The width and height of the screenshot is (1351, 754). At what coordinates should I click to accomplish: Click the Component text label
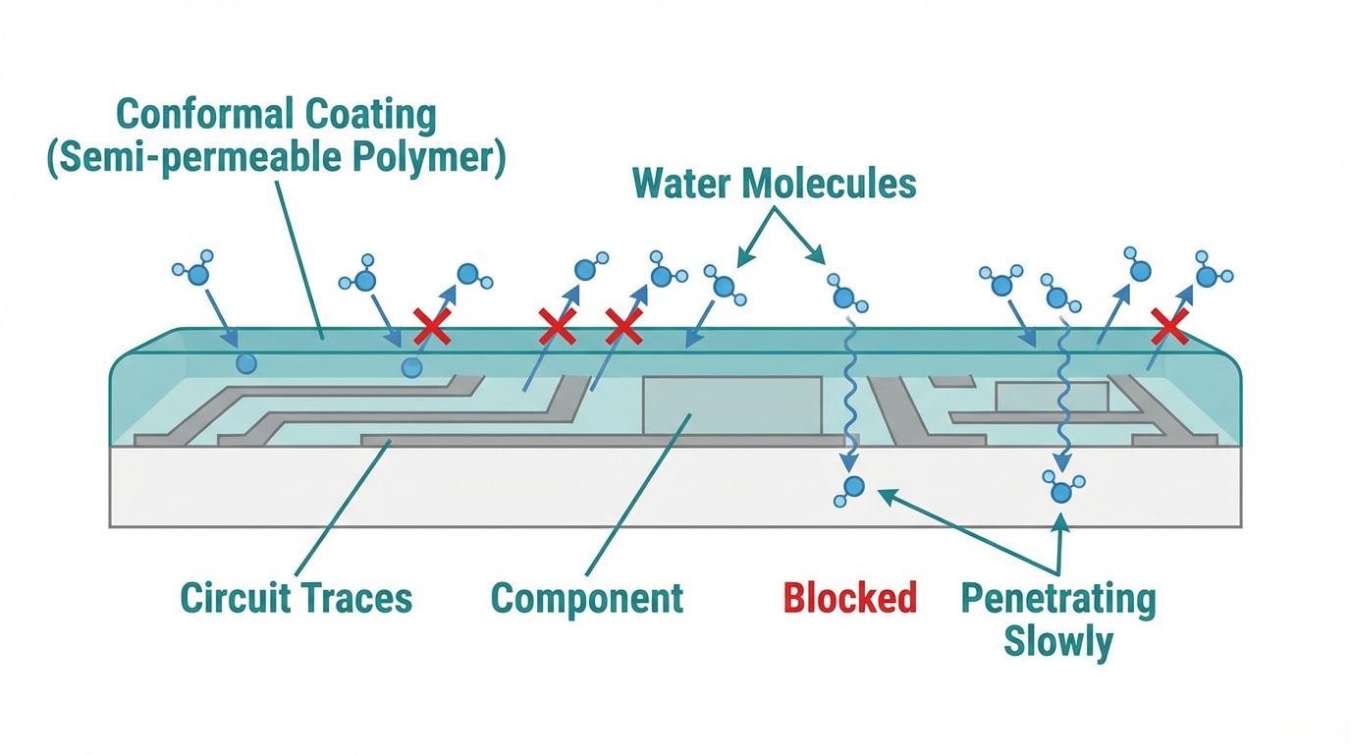pyautogui.click(x=586, y=597)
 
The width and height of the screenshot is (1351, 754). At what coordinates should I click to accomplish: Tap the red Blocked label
pyautogui.click(x=850, y=597)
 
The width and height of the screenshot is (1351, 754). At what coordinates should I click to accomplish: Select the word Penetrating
pyautogui.click(x=1057, y=598)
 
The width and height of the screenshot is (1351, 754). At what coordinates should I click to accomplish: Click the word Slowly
pyautogui.click(x=1057, y=643)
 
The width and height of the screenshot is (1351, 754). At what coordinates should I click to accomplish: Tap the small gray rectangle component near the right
pyautogui.click(x=1052, y=397)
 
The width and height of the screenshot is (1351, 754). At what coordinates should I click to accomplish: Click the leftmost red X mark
pyautogui.click(x=432, y=327)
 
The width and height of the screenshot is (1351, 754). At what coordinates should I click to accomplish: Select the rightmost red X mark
pyautogui.click(x=1169, y=327)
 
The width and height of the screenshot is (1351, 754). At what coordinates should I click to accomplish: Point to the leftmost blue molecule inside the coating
pyautogui.click(x=246, y=364)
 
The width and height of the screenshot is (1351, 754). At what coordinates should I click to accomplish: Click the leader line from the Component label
pyautogui.click(x=638, y=496)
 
